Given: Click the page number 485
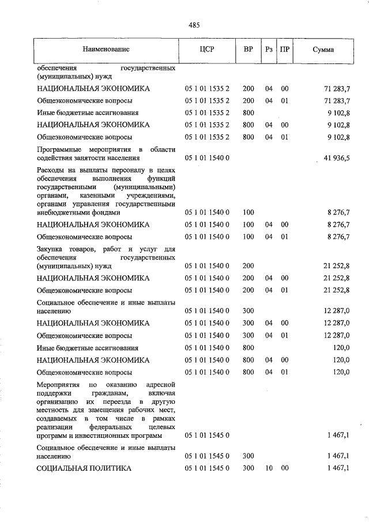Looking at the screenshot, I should pyautogui.click(x=194, y=25).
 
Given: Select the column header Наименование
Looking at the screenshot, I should pyautogui.click(x=106, y=50).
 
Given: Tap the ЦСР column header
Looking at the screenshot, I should pyautogui.click(x=206, y=50).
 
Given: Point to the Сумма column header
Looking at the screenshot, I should pyautogui.click(x=323, y=50).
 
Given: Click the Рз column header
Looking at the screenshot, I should pyautogui.click(x=269, y=50).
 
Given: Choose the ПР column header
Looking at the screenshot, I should pyautogui.click(x=285, y=50).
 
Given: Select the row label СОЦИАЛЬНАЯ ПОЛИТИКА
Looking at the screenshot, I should pyautogui.click(x=84, y=468).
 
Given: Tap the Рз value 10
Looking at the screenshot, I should pyautogui.click(x=269, y=468).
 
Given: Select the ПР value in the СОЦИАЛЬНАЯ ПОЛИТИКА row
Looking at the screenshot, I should pyautogui.click(x=285, y=468).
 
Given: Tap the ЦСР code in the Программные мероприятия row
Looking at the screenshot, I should pyautogui.click(x=207, y=157).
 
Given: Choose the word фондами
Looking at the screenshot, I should pyautogui.click(x=96, y=212).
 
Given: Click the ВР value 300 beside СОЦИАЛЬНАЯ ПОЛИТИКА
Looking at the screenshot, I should pyautogui.click(x=248, y=468).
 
